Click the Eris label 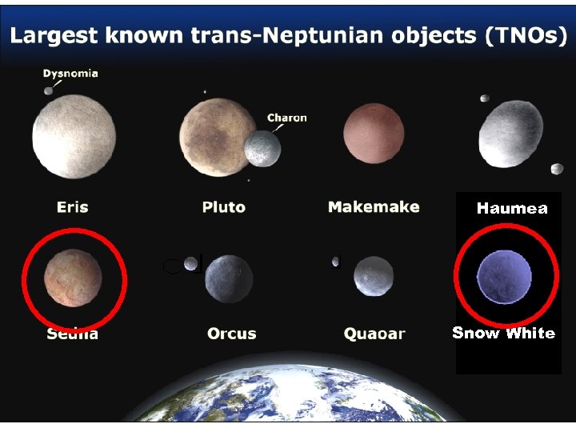(72, 207)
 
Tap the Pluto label (223, 207)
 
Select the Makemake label (374, 206)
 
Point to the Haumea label (512, 209)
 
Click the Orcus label (231, 333)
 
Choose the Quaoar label (374, 334)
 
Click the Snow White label (503, 333)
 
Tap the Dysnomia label (70, 74)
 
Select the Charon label (286, 118)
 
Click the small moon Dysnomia (49, 91)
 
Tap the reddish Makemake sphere (374, 132)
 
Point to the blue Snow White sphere (504, 277)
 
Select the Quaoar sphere (374, 276)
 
